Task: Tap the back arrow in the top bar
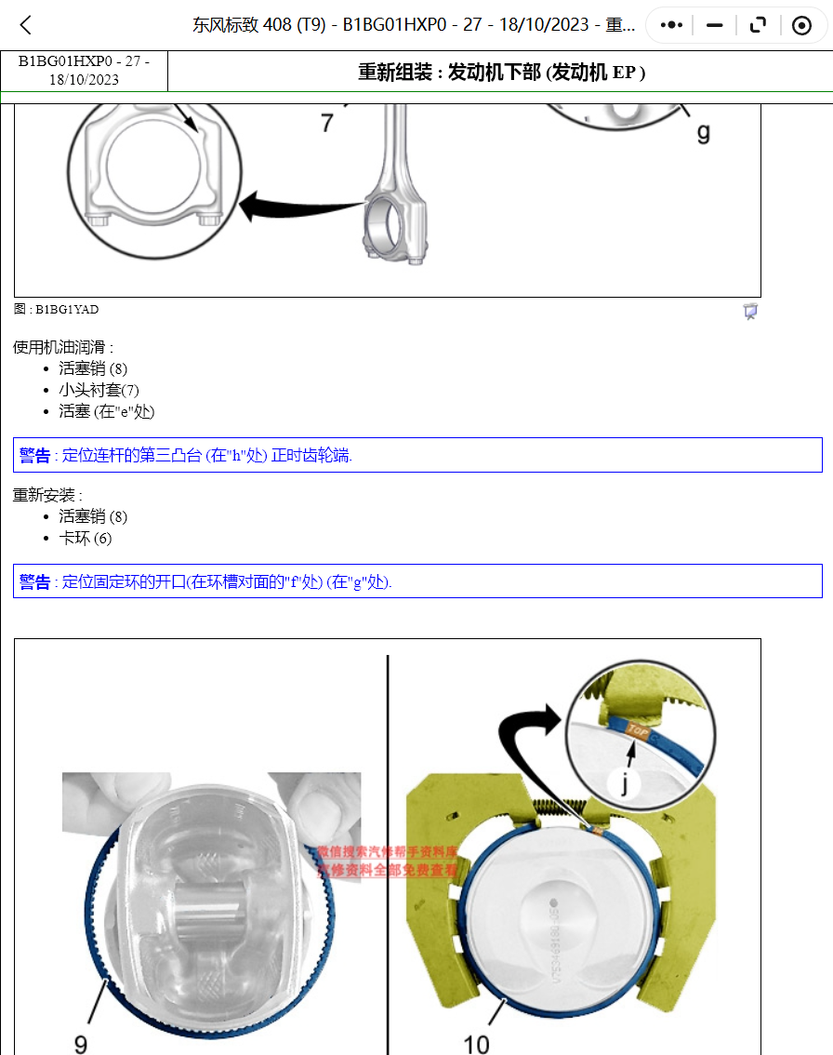pyautogui.click(x=26, y=25)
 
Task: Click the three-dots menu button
pyautogui.click(x=671, y=25)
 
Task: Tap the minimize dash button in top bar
pyautogui.click(x=714, y=25)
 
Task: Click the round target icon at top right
pyautogui.click(x=801, y=25)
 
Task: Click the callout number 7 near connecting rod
pyautogui.click(x=327, y=122)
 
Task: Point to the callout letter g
pyautogui.click(x=703, y=131)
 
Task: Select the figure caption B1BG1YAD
pyautogui.click(x=56, y=309)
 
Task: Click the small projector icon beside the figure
pyautogui.click(x=750, y=312)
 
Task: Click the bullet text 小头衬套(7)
pyautogui.click(x=99, y=390)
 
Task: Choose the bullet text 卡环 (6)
pyautogui.click(x=86, y=538)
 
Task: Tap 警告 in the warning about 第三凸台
pyautogui.click(x=35, y=455)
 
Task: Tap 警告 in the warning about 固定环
pyautogui.click(x=35, y=581)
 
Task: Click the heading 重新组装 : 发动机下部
pyautogui.click(x=501, y=72)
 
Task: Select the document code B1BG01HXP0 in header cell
pyautogui.click(x=84, y=62)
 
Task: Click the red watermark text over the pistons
pyautogui.click(x=388, y=861)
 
